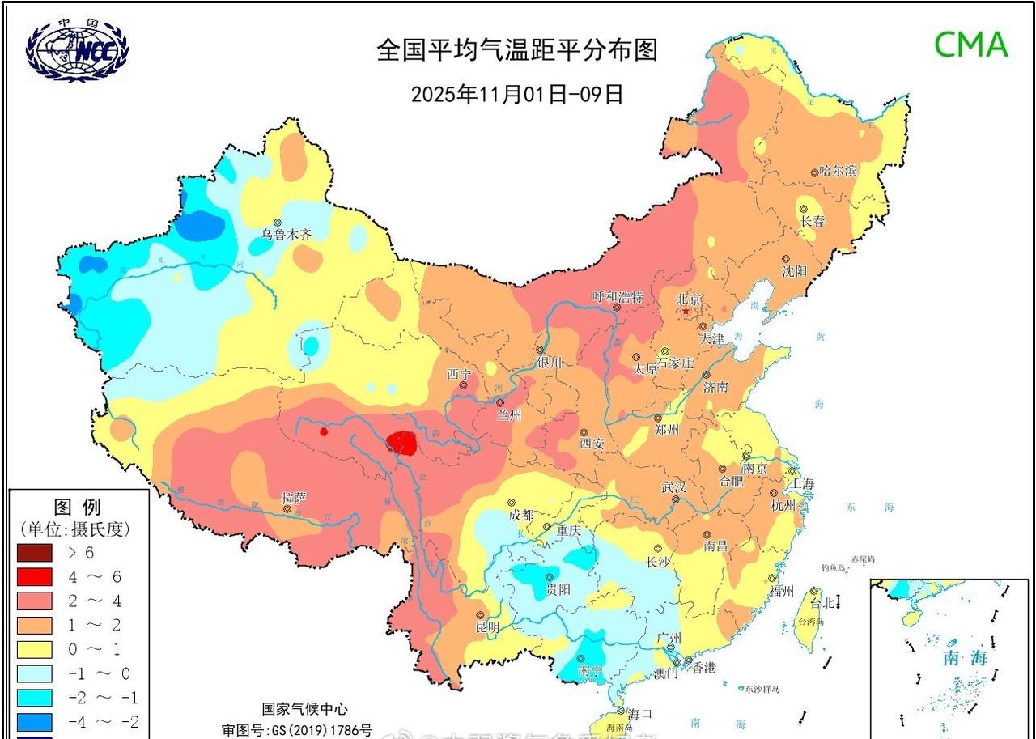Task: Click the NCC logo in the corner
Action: [77, 50]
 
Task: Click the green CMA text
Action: [971, 45]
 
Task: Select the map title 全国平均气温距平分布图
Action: [517, 50]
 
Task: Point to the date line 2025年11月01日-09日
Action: [517, 94]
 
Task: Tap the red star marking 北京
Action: [686, 311]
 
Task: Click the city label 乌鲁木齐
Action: [286, 235]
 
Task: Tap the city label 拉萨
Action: [293, 497]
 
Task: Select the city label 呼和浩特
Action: [617, 297]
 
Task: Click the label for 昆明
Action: [487, 627]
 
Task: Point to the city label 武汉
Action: [673, 487]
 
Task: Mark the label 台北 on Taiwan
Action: [822, 603]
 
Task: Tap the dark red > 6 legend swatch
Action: [34, 554]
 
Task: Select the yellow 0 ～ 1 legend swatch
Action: [34, 649]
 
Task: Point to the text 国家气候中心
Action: [304, 709]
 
